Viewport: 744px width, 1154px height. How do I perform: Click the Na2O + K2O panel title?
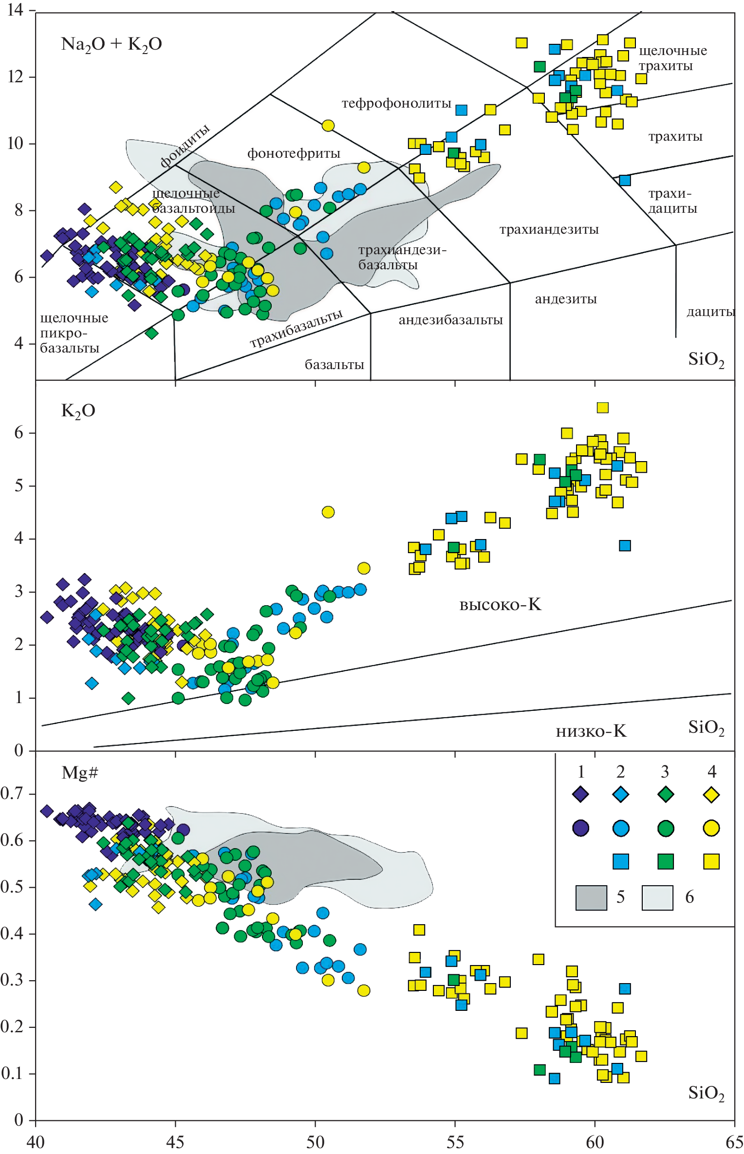coord(111,44)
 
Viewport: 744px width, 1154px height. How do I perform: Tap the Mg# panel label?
coord(80,773)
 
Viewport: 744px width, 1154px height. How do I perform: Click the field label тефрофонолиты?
coord(396,103)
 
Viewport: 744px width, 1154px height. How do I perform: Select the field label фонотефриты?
coord(294,153)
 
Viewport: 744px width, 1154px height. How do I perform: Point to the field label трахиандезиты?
coord(549,229)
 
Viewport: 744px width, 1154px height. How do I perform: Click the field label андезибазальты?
coord(450,320)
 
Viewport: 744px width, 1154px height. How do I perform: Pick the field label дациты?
coord(710,312)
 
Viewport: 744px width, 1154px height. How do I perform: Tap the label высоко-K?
coord(500,605)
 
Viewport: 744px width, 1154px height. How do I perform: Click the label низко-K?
coord(591,731)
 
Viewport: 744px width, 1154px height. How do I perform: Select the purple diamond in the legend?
coord(580,795)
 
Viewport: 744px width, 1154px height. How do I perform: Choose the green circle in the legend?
coord(666,828)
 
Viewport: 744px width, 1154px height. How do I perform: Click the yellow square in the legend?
coord(711,862)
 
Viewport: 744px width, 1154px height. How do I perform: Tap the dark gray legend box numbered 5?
coord(591,897)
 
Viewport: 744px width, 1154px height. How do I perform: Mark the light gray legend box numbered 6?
coord(657,897)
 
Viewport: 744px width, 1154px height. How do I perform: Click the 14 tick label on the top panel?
coord(16,10)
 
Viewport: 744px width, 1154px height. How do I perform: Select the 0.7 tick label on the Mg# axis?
coord(13,794)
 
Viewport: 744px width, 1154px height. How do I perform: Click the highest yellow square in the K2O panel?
coord(603,408)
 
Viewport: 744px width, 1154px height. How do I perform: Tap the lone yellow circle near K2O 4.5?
coord(328,512)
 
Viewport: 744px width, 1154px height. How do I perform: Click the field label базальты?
coord(334,365)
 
